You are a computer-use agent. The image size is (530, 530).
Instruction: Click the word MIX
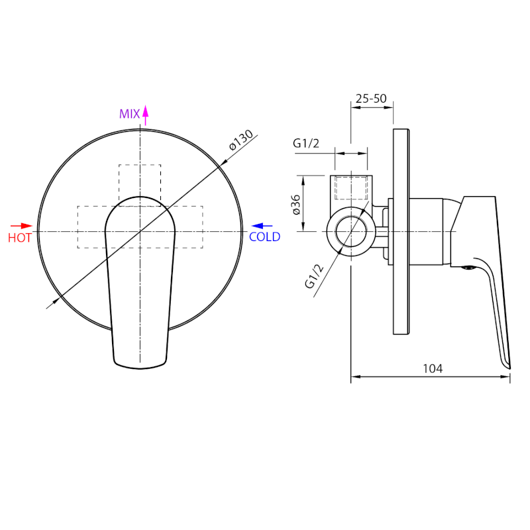pos(129,114)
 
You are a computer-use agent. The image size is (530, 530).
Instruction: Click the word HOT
pos(20,238)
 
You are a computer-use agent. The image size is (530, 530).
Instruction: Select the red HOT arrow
pos(22,226)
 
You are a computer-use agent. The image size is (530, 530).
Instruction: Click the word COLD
pos(264,237)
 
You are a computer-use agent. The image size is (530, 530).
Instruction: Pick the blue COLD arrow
pos(262,226)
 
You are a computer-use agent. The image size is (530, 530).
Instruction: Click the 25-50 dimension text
pos(371,99)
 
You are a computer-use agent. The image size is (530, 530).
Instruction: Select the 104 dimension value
pos(433,368)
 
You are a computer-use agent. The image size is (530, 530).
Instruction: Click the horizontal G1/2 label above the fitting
pos(307,143)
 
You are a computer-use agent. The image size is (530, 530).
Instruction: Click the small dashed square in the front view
pos(140,181)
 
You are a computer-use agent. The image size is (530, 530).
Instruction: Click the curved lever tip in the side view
pos(507,362)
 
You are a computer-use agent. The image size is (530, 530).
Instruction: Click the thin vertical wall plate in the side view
pos(399,231)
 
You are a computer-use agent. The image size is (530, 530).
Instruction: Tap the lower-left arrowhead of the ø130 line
pos(50,305)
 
